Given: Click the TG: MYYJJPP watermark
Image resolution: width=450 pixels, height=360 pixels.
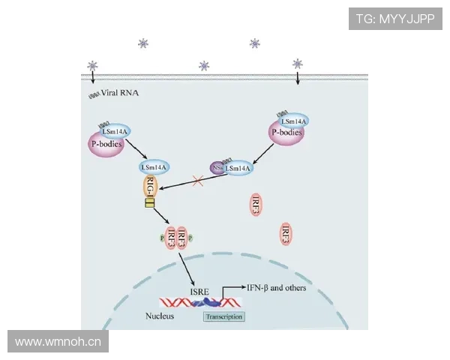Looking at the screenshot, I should click(x=395, y=18).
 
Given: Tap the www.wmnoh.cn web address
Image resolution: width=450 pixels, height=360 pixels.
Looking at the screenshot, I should click(x=58, y=342).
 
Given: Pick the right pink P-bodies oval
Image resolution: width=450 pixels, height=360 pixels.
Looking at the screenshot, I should click(x=286, y=133).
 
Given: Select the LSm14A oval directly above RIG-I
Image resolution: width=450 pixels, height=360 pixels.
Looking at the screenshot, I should click(x=154, y=166).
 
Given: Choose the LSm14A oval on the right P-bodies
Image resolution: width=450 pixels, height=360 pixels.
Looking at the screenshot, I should click(x=292, y=120).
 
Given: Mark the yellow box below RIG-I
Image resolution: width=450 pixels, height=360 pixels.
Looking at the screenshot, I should click(x=149, y=203).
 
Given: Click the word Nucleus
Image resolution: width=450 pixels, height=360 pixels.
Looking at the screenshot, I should click(x=159, y=316).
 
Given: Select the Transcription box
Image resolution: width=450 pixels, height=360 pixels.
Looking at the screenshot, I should click(x=223, y=316).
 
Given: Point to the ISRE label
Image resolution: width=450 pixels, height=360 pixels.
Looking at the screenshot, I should click(x=199, y=289).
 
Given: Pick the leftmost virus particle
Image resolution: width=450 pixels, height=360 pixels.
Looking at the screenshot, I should click(x=93, y=65).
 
